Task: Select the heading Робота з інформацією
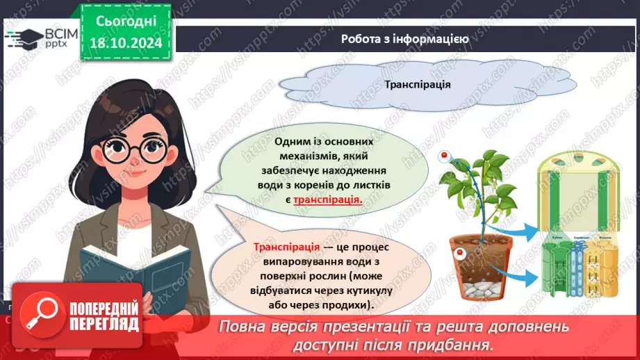pyautogui.click(x=404, y=39)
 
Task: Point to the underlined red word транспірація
pyautogui.click(x=328, y=199)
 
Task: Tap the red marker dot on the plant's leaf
pyautogui.click(x=441, y=159)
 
